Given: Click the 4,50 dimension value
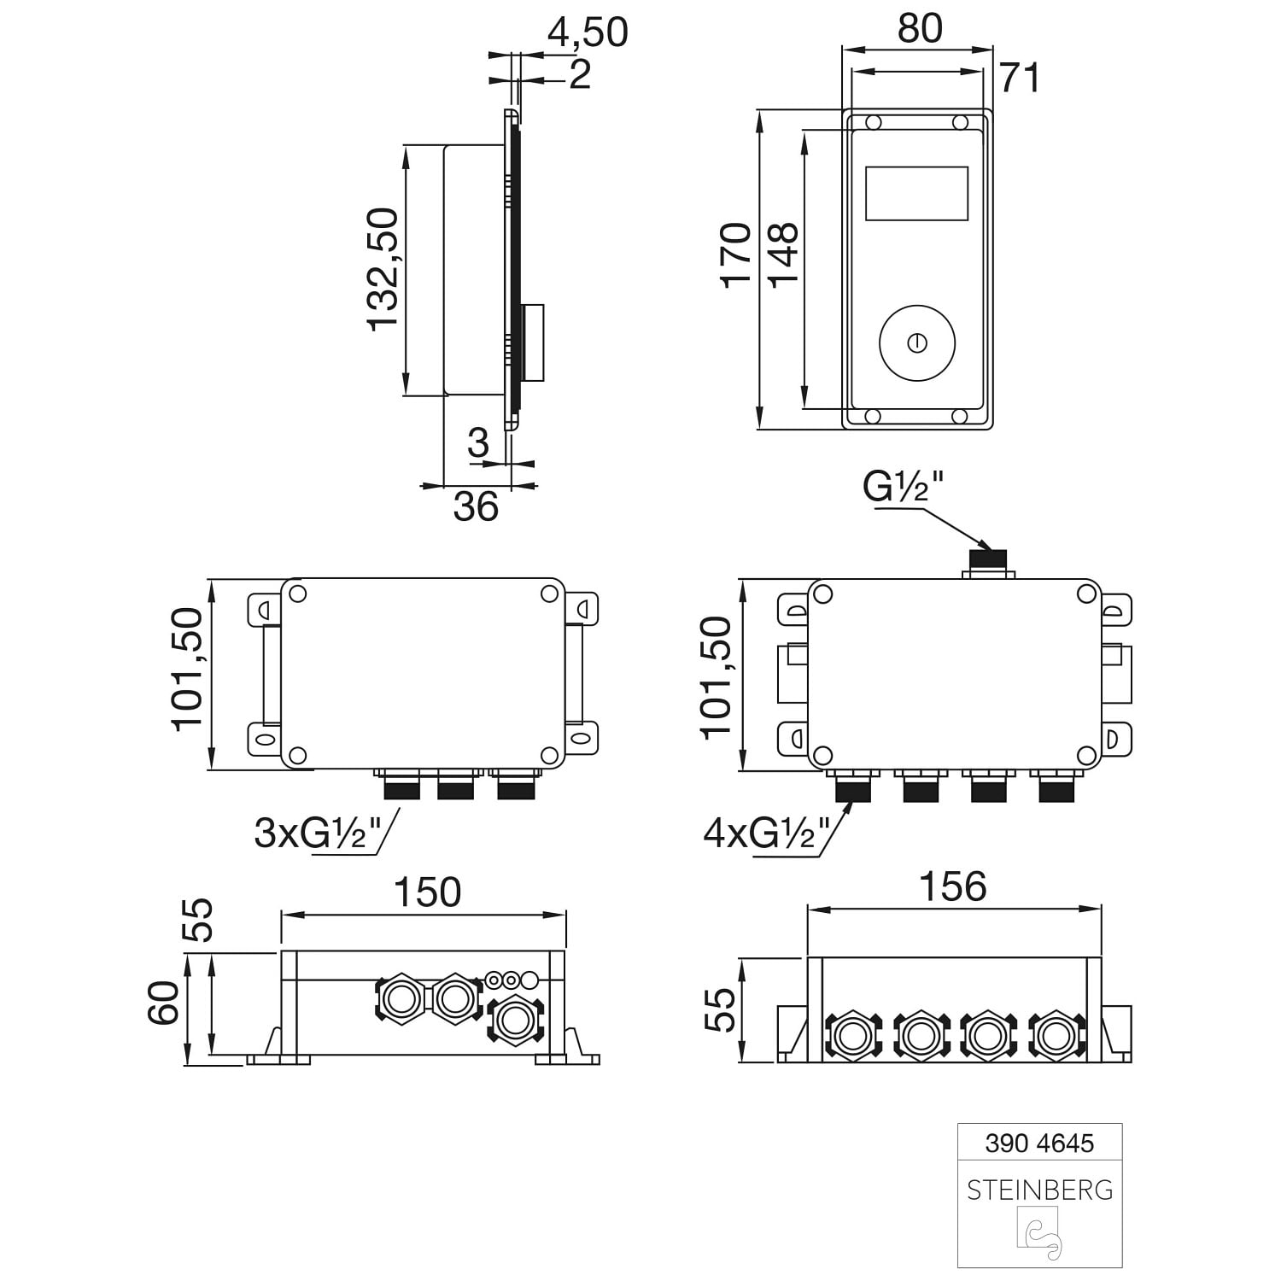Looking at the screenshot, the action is [x=588, y=32].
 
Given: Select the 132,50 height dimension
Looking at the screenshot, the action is [x=383, y=268].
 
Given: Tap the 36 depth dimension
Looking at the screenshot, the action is [x=476, y=506].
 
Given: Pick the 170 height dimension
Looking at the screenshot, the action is [x=736, y=254].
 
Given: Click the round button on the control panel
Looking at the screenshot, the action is [x=918, y=342].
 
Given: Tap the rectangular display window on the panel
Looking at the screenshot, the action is [x=916, y=193].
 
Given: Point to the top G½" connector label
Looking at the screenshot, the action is [x=903, y=487].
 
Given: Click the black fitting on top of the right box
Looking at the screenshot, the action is [x=988, y=559].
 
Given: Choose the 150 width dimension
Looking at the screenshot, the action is [x=427, y=892].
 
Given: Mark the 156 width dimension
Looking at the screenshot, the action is [x=953, y=886].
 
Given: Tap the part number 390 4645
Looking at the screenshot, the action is [x=1039, y=1143].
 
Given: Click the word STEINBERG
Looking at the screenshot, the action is [x=1039, y=1190].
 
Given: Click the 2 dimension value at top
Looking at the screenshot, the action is [x=579, y=75].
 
